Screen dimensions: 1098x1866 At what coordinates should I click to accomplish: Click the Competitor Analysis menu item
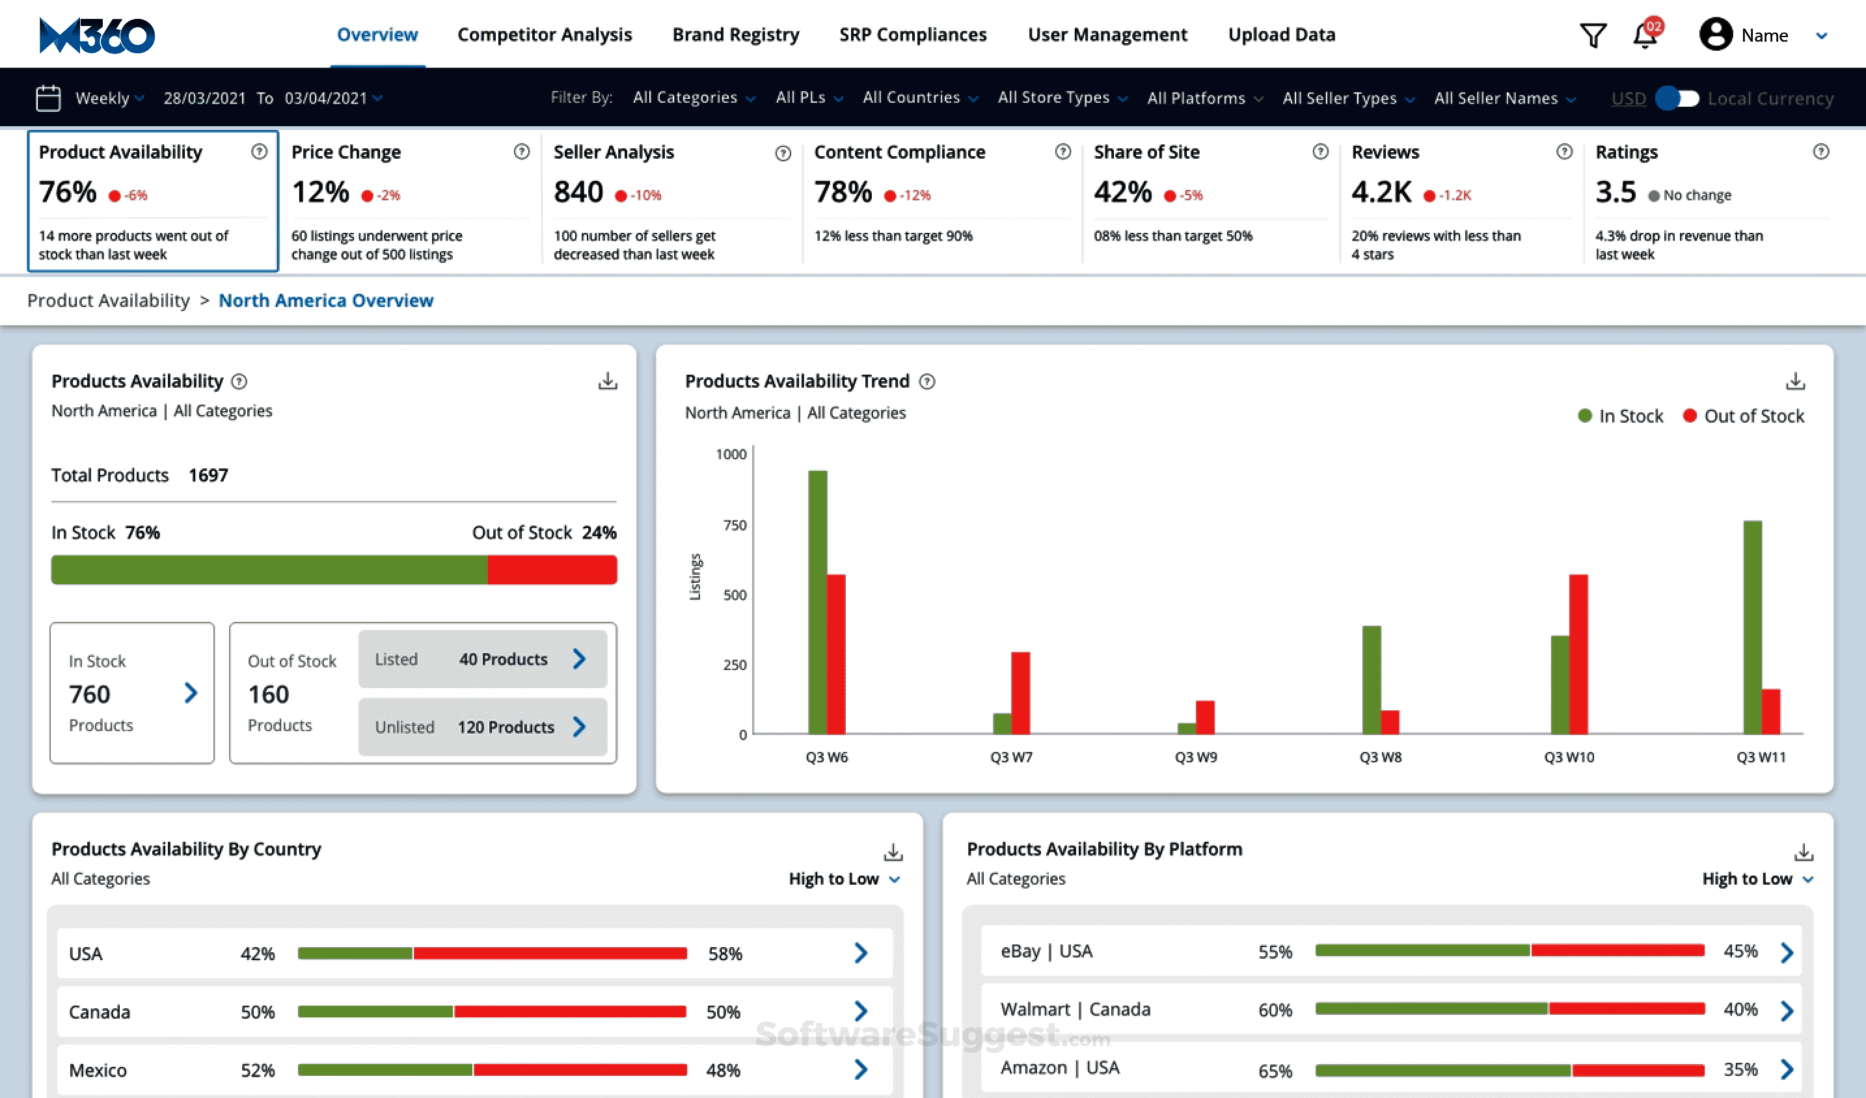tap(544, 34)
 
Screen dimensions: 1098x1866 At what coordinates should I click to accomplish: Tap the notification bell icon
tap(1645, 34)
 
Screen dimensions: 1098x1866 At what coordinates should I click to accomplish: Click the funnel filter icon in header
tap(1593, 34)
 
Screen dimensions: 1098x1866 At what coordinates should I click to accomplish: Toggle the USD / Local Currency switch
tap(1678, 98)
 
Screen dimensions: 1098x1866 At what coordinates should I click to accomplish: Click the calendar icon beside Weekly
tap(48, 98)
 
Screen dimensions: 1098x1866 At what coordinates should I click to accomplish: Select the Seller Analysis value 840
tap(578, 193)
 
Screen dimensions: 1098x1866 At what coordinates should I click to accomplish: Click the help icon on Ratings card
tap(1821, 152)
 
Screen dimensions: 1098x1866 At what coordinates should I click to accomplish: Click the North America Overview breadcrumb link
tap(326, 301)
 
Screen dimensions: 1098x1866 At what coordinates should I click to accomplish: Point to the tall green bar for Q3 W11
tap(1752, 626)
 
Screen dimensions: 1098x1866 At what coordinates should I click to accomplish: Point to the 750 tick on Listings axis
tap(735, 525)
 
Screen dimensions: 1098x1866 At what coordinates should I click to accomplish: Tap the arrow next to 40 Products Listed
tap(579, 658)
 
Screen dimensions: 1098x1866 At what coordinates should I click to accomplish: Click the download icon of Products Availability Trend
tap(1795, 381)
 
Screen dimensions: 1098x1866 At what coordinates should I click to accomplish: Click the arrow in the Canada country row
tap(860, 1011)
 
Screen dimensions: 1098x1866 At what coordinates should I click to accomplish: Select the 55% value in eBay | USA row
tap(1275, 952)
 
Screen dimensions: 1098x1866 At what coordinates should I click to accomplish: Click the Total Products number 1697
tap(208, 475)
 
